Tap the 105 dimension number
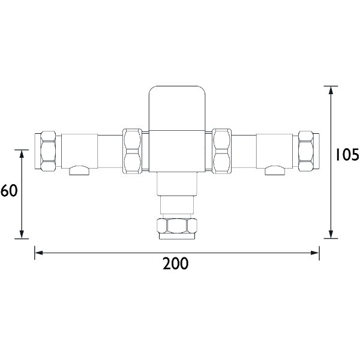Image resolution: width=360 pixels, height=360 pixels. click(347, 157)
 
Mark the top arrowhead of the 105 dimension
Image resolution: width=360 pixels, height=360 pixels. click(331, 91)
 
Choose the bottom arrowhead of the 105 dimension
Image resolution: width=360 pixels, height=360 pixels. click(331, 234)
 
